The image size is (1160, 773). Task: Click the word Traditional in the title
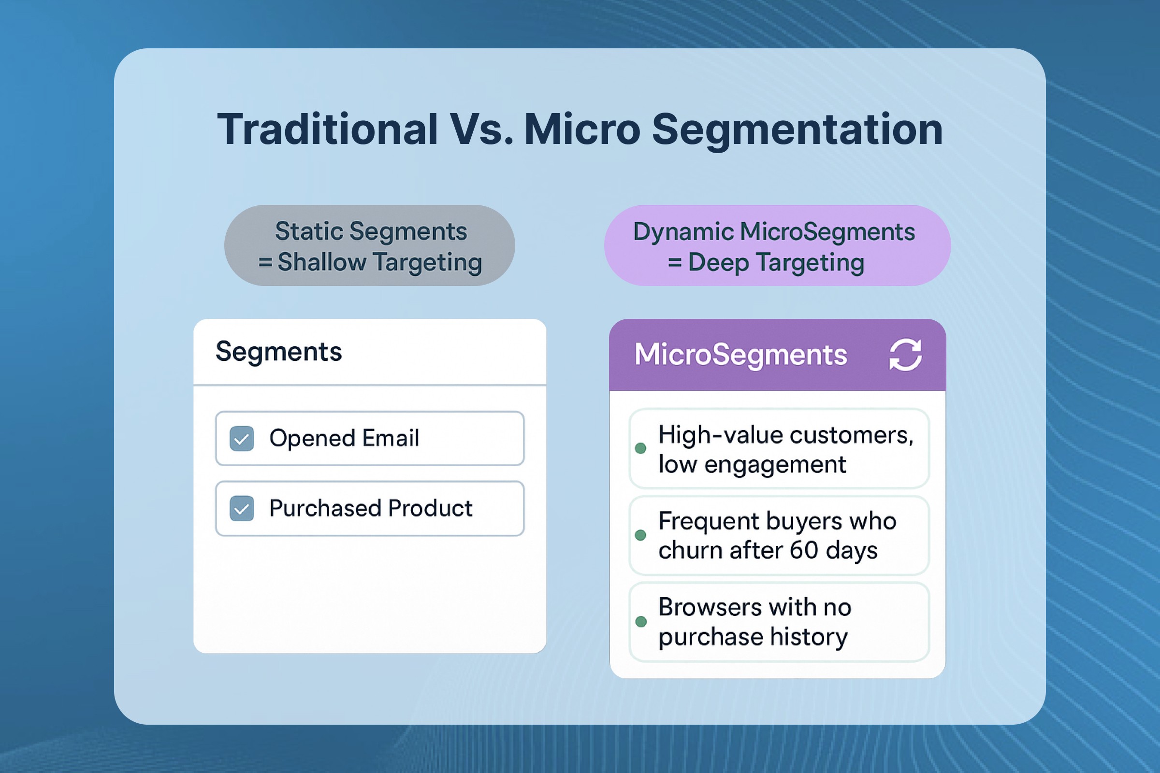click(328, 129)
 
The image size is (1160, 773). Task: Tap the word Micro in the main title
click(582, 129)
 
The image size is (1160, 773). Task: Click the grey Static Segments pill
click(370, 245)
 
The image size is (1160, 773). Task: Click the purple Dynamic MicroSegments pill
click(777, 245)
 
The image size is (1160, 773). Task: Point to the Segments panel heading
click(279, 352)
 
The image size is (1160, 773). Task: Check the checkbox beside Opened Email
click(242, 438)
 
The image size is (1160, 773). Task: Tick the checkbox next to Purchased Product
click(242, 508)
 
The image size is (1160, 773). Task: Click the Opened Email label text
click(344, 438)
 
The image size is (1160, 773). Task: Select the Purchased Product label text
click(371, 508)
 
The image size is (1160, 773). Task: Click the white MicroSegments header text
click(741, 355)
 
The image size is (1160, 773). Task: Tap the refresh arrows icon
click(905, 355)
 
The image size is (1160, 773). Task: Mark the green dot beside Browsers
click(641, 621)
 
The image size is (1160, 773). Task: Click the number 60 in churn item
click(804, 550)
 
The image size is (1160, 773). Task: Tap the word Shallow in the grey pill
click(322, 262)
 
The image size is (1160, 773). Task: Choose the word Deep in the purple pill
click(719, 263)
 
